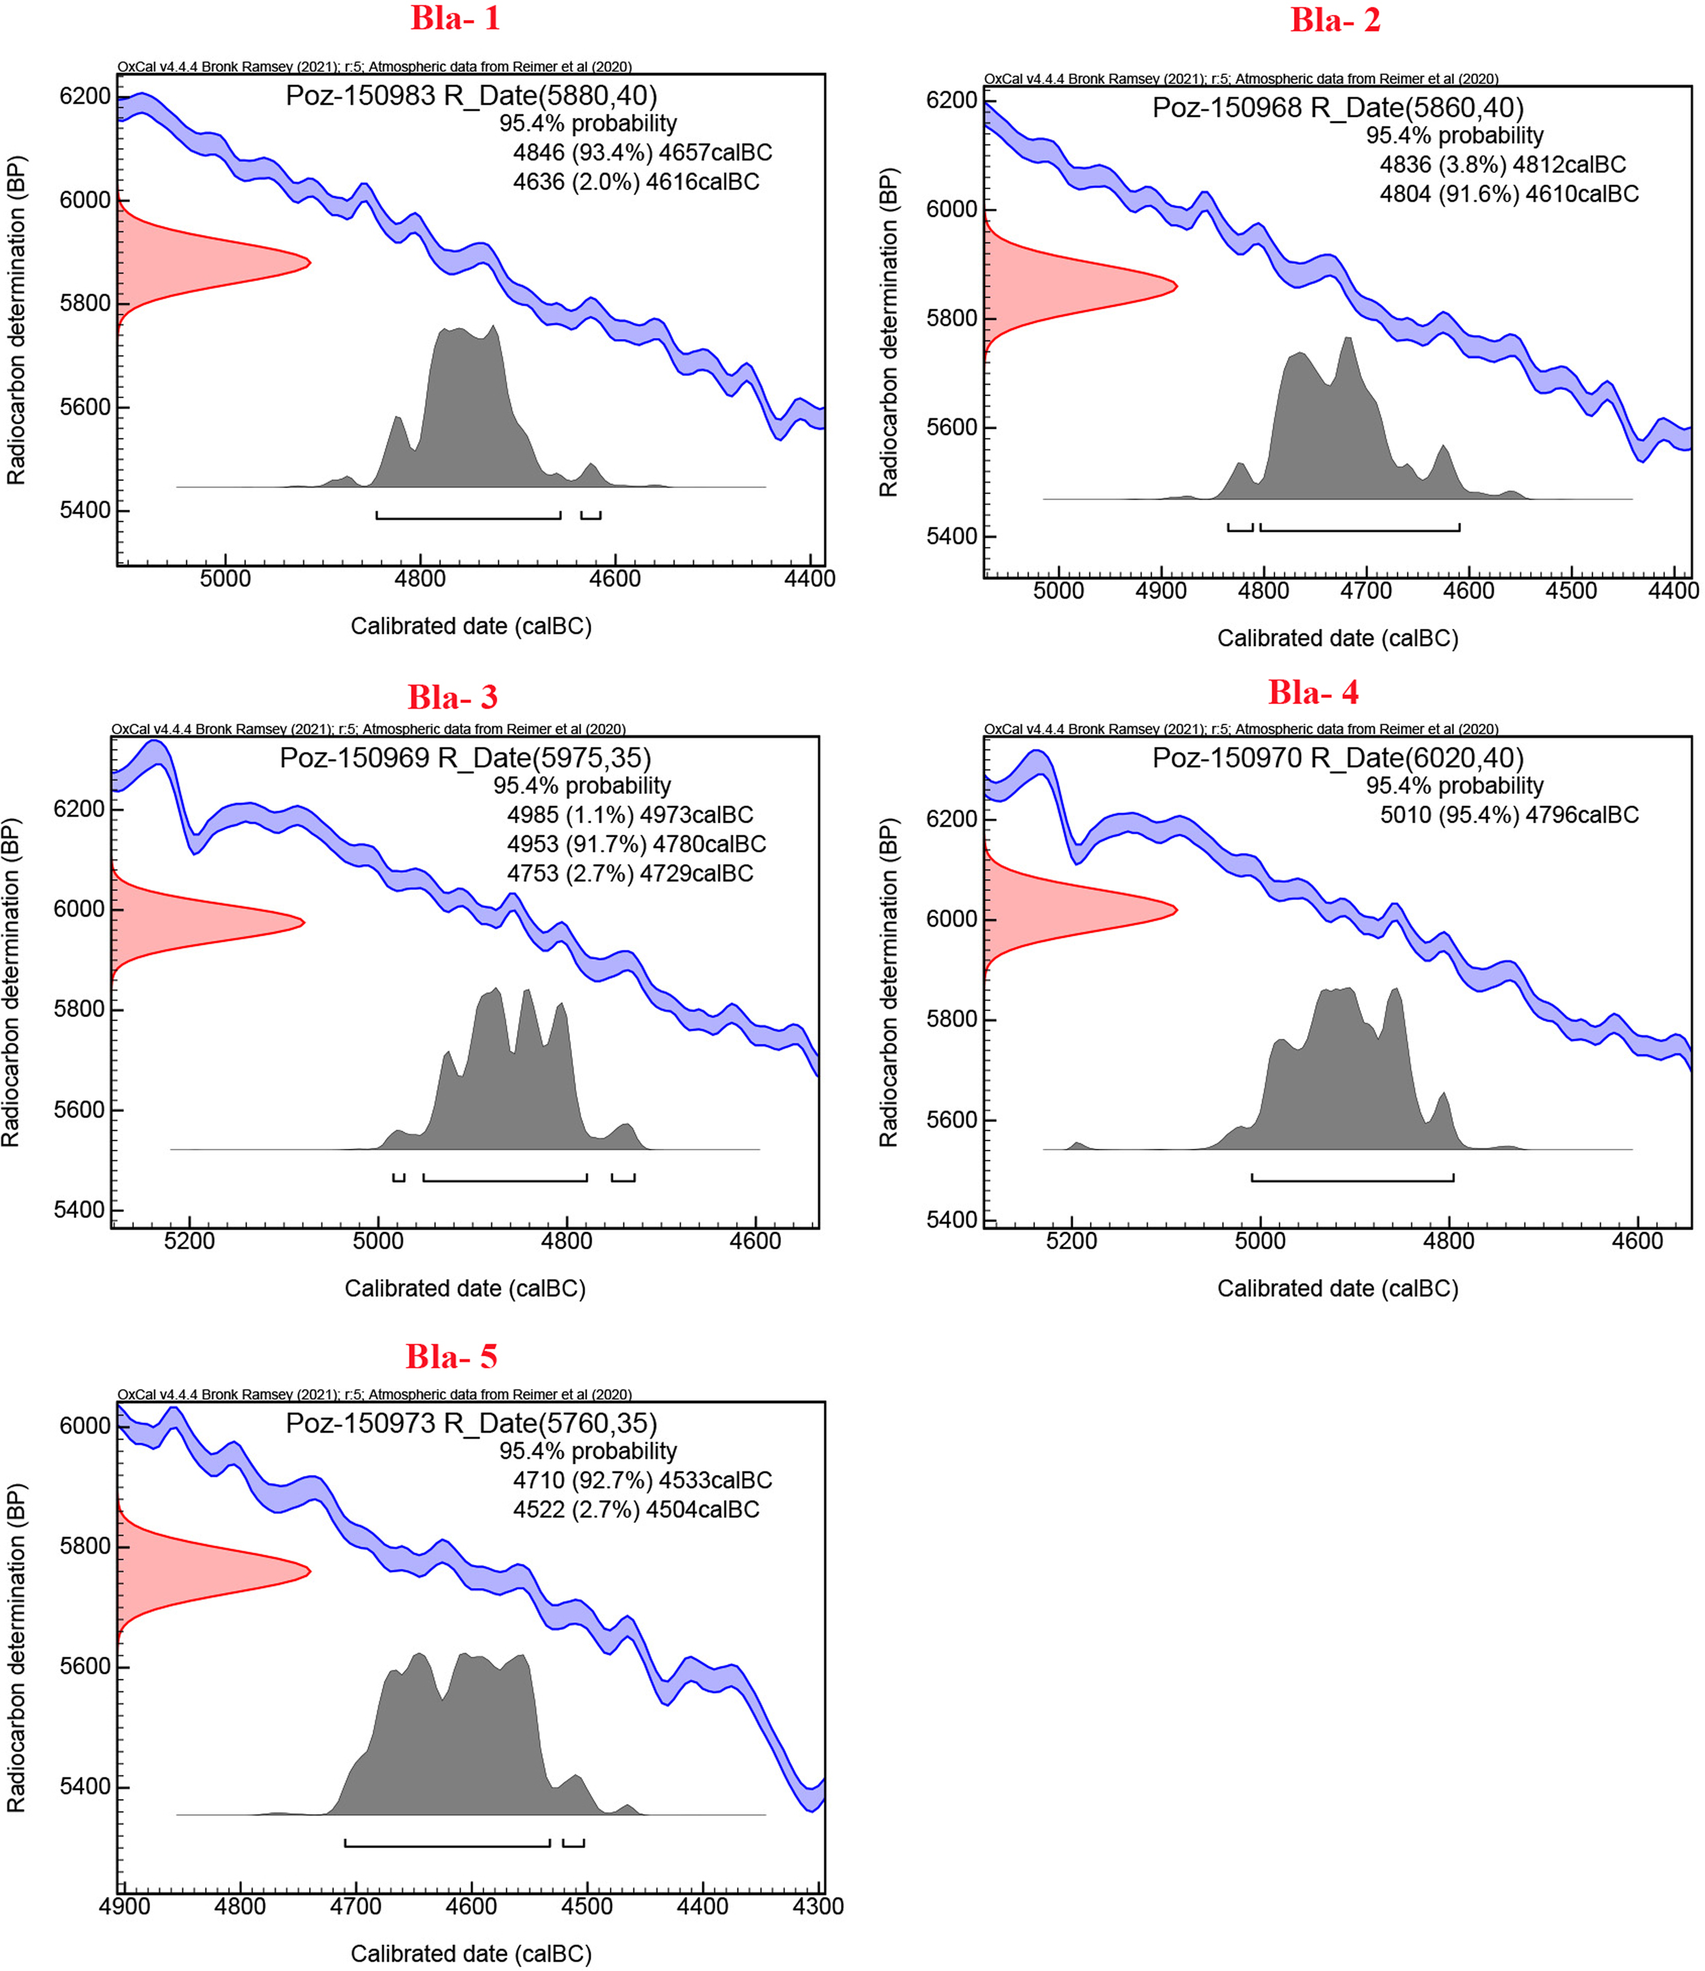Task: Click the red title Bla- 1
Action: pos(455,19)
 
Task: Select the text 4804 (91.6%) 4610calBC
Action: pos(1509,194)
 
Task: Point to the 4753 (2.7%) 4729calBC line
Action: pos(630,873)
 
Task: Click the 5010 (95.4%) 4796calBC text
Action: pos(1509,815)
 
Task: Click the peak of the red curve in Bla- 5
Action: pos(308,1571)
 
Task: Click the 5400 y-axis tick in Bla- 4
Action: pos(952,1220)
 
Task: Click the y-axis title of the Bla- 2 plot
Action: pos(888,333)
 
